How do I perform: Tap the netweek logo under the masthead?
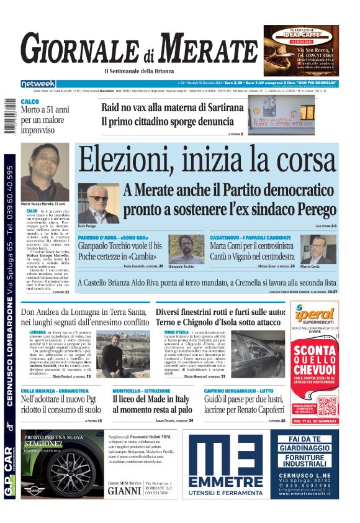click(x=38, y=83)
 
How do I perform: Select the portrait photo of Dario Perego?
click(x=98, y=203)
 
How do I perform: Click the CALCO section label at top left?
click(x=30, y=101)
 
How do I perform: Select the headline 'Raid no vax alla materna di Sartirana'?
click(x=173, y=107)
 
